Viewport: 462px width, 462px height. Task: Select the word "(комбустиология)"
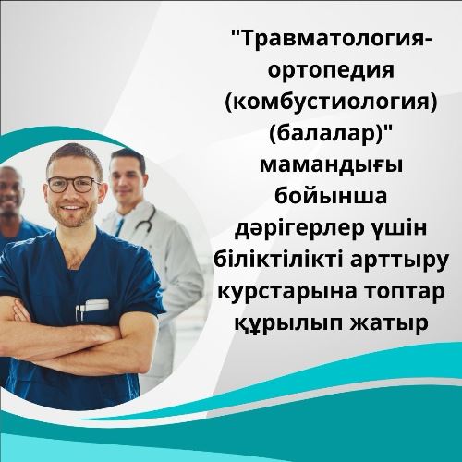tap(331, 104)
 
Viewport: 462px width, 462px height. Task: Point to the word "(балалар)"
tap(331, 136)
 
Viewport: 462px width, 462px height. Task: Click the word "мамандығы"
tap(332, 167)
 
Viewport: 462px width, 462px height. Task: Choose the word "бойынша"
tap(331, 196)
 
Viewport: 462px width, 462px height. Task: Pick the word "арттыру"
tap(399, 261)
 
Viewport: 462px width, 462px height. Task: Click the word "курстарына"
tap(283, 293)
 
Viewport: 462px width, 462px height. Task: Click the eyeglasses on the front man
tap(73, 184)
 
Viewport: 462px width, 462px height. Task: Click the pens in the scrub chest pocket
tap(80, 311)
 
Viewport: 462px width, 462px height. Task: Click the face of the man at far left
tap(9, 191)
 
